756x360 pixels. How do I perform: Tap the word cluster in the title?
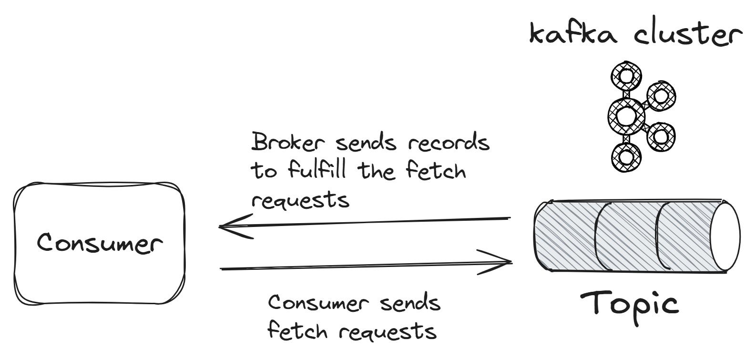point(687,34)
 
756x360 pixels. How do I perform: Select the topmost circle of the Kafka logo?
point(625,77)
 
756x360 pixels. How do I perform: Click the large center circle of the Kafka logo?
point(625,115)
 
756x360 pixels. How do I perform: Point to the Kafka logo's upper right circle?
point(661,96)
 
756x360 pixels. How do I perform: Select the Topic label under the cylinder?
point(629,304)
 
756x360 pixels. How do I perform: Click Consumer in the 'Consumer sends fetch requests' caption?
point(318,304)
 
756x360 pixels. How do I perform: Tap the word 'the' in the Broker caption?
point(379,170)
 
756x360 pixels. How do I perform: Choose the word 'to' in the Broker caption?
point(263,171)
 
